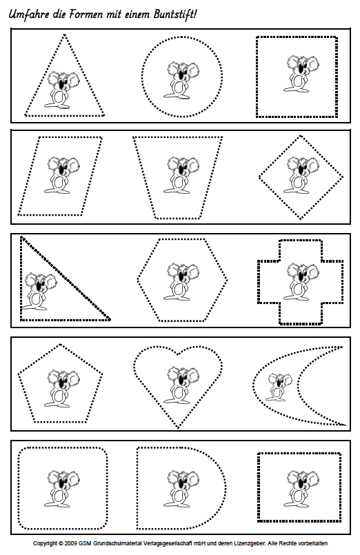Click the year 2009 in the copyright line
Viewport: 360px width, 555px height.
(x=72, y=543)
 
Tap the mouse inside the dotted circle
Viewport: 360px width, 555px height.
(x=181, y=80)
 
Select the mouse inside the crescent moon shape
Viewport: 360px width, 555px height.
(x=279, y=387)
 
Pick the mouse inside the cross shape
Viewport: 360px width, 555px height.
(x=301, y=281)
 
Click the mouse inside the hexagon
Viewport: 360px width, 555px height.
(x=181, y=281)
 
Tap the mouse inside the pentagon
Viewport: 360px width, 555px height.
(x=62, y=387)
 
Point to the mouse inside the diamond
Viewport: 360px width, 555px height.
(x=301, y=174)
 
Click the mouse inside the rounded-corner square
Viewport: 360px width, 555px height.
(x=62, y=488)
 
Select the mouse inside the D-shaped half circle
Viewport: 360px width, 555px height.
(x=181, y=488)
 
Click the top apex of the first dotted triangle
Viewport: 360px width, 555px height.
(x=64, y=35)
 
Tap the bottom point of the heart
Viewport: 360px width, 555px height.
(x=178, y=428)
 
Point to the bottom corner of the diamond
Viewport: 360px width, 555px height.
(x=301, y=219)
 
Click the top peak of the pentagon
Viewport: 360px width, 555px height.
(x=61, y=344)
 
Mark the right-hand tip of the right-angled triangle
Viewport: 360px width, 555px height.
(x=110, y=320)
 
